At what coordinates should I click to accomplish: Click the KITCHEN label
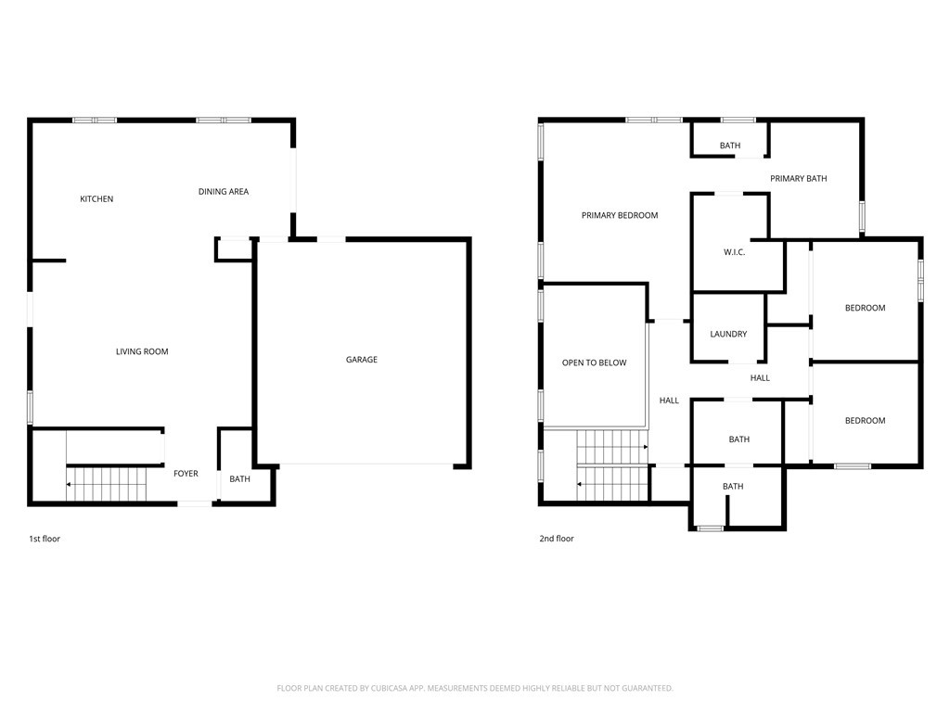96,198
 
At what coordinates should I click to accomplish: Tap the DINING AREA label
224,191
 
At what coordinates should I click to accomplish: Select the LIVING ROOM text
142,351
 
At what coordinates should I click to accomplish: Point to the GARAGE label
362,359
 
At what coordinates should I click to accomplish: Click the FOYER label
186,474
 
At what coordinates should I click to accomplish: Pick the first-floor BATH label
240,479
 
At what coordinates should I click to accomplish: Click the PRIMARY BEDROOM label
620,215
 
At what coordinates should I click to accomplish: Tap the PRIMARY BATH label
799,178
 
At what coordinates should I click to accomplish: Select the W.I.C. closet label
735,252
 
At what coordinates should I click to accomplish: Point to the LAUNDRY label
728,334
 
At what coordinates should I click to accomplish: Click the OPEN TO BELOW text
595,362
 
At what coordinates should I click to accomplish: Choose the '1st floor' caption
45,539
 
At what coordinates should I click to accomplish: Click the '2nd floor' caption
557,539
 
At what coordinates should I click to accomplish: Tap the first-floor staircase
107,484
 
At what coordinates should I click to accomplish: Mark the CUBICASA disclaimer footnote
475,688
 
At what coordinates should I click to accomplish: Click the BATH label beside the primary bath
730,146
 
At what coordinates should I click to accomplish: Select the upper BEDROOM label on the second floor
866,308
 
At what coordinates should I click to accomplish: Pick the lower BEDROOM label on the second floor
866,420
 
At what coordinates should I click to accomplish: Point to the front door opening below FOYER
195,503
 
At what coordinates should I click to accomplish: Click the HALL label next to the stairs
669,400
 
